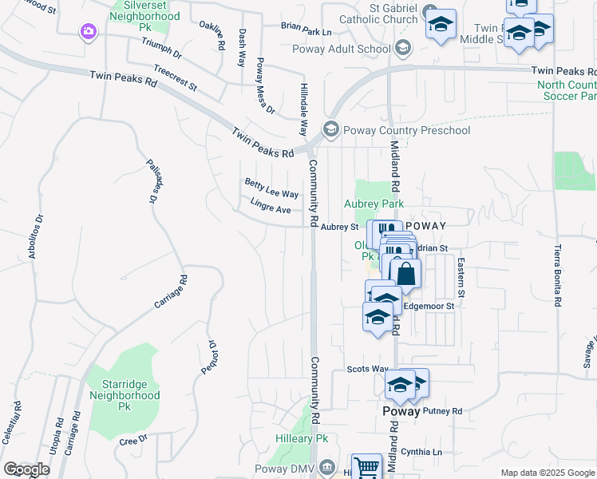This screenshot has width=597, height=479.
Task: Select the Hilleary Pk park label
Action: tap(302, 439)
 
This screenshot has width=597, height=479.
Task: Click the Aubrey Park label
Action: tap(374, 204)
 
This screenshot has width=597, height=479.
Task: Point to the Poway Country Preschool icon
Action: tap(330, 129)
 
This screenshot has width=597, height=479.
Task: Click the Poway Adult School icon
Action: tap(402, 48)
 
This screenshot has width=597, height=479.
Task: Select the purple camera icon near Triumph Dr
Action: tap(88, 32)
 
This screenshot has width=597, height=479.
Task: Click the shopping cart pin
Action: tap(366, 467)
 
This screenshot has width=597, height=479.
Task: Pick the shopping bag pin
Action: tap(406, 275)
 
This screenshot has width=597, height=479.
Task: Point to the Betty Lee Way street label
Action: tap(271, 188)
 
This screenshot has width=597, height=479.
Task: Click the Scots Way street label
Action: tap(367, 369)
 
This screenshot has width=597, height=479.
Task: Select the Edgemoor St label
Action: tap(429, 306)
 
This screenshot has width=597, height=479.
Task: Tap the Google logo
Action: tap(26, 469)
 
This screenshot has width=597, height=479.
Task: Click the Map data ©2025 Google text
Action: tap(547, 473)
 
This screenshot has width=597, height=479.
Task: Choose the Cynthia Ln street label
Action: tap(422, 452)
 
